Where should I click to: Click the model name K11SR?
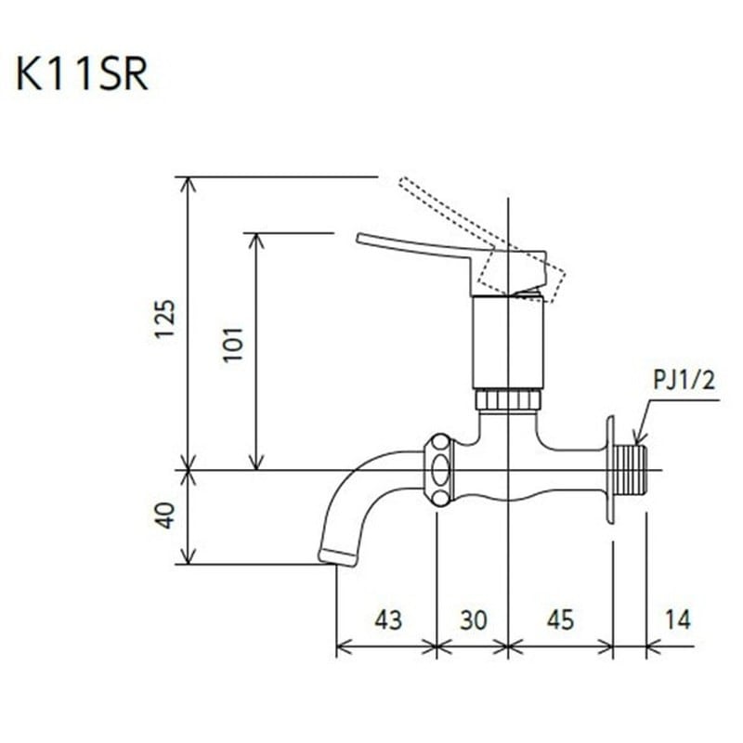pyautogui.click(x=82, y=75)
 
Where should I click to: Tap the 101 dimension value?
pyautogui.click(x=233, y=344)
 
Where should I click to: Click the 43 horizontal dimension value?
pyautogui.click(x=387, y=619)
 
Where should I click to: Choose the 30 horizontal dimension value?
pyautogui.click(x=473, y=619)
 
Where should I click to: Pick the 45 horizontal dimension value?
pyautogui.click(x=560, y=619)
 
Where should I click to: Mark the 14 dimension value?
pyautogui.click(x=678, y=619)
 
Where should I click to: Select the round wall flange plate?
pyautogui.click(x=610, y=470)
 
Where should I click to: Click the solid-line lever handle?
pyautogui.click(x=418, y=249)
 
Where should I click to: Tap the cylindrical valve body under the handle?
pyautogui.click(x=507, y=342)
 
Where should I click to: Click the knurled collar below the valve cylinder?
pyautogui.click(x=507, y=400)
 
